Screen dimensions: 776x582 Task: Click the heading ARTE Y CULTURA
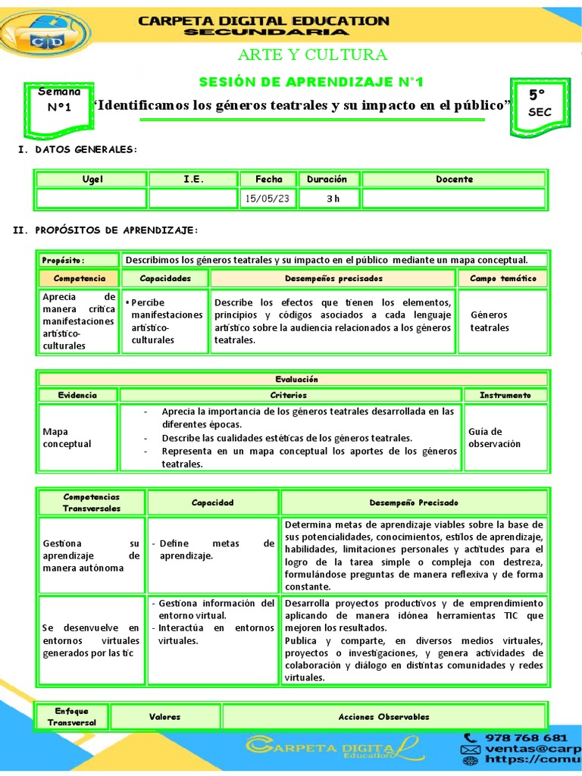click(x=312, y=55)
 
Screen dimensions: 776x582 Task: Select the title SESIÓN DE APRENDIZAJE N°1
click(x=311, y=81)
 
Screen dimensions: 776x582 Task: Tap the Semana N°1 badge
click(x=59, y=99)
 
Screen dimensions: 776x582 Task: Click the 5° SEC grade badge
click(x=540, y=104)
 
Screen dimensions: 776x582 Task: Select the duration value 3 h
click(x=333, y=199)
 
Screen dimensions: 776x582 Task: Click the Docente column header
click(x=454, y=180)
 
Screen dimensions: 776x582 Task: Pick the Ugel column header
click(x=92, y=180)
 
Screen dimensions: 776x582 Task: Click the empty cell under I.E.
click(x=192, y=199)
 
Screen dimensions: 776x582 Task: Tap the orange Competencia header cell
click(x=79, y=279)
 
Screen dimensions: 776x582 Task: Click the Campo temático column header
click(x=502, y=279)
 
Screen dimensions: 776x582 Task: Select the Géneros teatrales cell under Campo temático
click(x=490, y=321)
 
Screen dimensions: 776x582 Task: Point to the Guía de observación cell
click(x=494, y=437)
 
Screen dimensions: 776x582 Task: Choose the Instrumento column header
click(x=505, y=395)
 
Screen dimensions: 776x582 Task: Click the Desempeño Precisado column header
click(x=413, y=502)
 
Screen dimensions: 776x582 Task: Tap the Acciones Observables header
click(x=383, y=716)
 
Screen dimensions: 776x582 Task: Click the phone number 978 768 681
click(x=526, y=737)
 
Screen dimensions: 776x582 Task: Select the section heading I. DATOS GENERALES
click(x=77, y=149)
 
